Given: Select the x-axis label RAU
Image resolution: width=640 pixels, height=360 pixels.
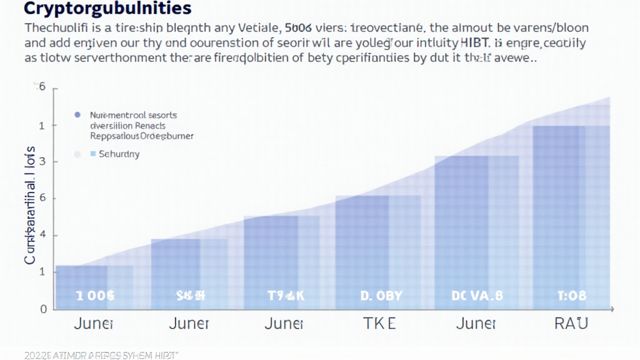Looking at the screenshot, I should coord(570,323).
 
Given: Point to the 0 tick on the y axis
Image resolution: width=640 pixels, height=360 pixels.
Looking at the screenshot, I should coord(42,309).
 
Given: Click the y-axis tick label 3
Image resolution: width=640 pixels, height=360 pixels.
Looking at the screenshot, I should coord(42,162).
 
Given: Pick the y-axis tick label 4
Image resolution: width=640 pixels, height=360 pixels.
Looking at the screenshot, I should coord(42,236).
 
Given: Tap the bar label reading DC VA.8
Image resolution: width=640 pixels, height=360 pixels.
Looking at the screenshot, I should coord(477,296).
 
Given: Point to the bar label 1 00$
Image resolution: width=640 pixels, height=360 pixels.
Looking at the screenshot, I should coord(95,296).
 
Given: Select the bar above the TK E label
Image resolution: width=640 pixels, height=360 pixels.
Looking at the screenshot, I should coord(378,250).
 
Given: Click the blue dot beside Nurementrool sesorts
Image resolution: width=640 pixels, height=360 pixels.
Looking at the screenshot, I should coord(77,115).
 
